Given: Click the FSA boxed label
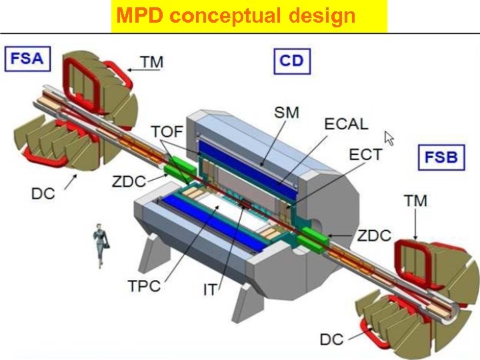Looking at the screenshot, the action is point(27,58).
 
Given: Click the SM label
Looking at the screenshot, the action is point(287,113).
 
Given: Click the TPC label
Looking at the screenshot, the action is point(144,287).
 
